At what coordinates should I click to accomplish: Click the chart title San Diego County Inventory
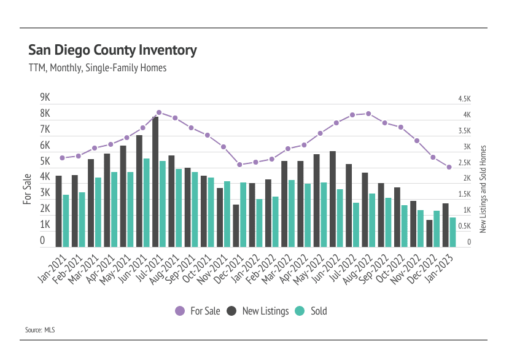pyautogui.click(x=112, y=50)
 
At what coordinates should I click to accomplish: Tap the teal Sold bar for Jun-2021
pyautogui.click(x=147, y=202)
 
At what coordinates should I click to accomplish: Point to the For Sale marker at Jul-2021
pyautogui.click(x=159, y=112)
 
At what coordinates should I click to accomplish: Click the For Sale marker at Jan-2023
pyautogui.click(x=449, y=167)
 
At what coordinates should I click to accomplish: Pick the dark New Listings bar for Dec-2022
pyautogui.click(x=429, y=233)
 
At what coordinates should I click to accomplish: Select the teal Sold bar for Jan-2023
pyautogui.click(x=453, y=232)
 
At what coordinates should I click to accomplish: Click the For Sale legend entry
pyautogui.click(x=197, y=311)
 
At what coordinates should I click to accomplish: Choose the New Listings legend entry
pyautogui.click(x=257, y=311)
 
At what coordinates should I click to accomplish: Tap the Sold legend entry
pyautogui.click(x=311, y=311)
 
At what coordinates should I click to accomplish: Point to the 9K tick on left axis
pyautogui.click(x=45, y=98)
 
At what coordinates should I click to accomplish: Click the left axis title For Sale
pyautogui.click(x=28, y=189)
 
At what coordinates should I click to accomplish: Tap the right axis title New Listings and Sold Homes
pyautogui.click(x=483, y=189)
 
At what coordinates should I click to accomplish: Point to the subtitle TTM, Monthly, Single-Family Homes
pyautogui.click(x=98, y=68)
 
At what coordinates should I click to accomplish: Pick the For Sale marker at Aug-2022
pyautogui.click(x=368, y=114)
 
